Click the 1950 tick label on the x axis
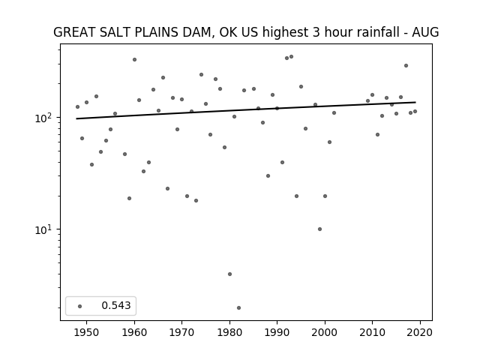[87, 332]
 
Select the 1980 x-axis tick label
[229, 332]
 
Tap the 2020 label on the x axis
[420, 332]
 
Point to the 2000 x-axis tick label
[325, 332]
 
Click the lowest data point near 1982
[238, 308]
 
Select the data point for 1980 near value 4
[230, 274]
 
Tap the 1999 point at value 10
[320, 229]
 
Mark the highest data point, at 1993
[292, 57]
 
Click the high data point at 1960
[135, 60]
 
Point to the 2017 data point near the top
[406, 66]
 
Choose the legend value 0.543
[116, 305]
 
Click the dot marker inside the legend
[80, 307]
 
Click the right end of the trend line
[415, 102]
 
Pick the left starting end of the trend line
[76, 118]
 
